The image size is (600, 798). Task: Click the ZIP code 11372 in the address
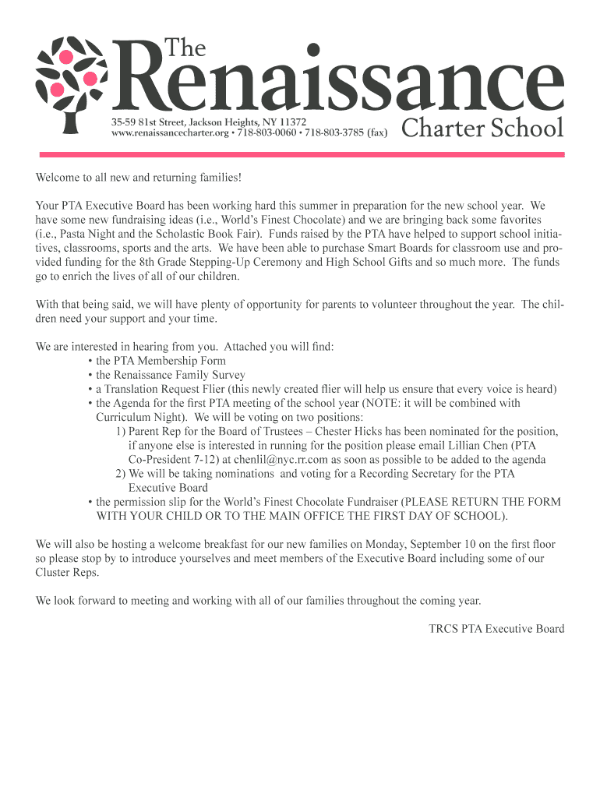coord(292,122)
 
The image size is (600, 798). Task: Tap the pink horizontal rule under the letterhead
coord(300,155)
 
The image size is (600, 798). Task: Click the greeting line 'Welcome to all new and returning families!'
coord(139,178)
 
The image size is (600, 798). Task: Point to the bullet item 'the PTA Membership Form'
coord(161,361)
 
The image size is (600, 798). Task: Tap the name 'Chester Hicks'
coord(360,431)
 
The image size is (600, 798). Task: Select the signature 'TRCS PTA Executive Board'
coord(496,628)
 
